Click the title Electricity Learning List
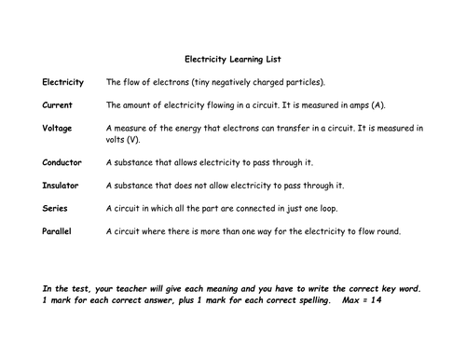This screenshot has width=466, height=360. pos(233,56)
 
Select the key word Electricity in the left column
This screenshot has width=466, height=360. pos(63,82)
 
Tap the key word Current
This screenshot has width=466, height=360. pos(60,105)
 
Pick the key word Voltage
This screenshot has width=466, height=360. pos(60,128)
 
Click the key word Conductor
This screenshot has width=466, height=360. pos(62,161)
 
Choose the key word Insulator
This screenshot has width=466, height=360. pos(62,185)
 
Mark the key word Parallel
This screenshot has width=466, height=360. pos(59,229)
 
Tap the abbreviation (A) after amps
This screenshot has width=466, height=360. pos(381,105)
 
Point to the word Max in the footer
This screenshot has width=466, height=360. pos(341,301)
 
